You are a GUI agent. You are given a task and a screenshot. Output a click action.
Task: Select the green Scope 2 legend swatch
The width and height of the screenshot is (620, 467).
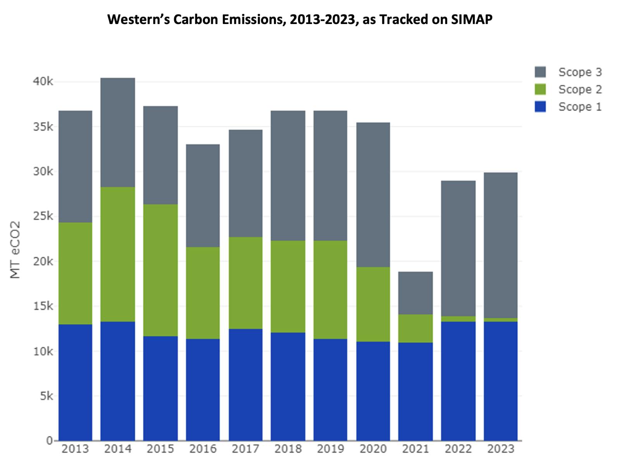540,89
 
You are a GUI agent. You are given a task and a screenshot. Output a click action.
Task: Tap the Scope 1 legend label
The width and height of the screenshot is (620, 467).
580,107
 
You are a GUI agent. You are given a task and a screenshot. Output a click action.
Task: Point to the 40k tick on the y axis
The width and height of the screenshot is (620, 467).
43,82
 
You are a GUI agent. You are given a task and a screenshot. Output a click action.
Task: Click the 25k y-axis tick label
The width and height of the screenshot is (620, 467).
43,216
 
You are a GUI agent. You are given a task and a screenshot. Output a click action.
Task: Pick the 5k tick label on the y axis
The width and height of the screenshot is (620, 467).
46,396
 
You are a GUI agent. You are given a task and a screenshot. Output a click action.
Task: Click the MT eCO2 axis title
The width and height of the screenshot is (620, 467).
15,250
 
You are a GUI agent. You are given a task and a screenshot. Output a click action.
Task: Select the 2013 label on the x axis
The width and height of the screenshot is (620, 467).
75,449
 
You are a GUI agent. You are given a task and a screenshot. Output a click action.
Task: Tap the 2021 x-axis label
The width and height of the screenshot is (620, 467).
415,449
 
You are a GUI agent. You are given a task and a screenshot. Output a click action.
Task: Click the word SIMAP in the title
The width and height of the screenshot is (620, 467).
472,19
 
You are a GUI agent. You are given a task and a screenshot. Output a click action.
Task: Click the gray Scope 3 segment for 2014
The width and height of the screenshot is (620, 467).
118,132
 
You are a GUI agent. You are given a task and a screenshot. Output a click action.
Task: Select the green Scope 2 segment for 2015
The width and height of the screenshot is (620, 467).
160,270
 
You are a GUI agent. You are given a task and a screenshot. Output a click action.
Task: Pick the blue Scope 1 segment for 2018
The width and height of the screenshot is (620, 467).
288,386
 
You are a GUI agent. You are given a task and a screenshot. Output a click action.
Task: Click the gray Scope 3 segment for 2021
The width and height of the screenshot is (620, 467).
415,293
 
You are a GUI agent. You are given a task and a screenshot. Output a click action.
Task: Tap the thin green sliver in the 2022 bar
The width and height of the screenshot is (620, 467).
458,319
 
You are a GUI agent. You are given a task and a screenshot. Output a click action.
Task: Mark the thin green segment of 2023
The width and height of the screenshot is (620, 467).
501,320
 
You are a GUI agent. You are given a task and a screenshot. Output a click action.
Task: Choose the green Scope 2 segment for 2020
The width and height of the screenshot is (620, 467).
373,304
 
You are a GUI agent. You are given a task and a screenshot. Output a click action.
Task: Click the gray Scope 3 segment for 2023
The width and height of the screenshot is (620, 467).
501,245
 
